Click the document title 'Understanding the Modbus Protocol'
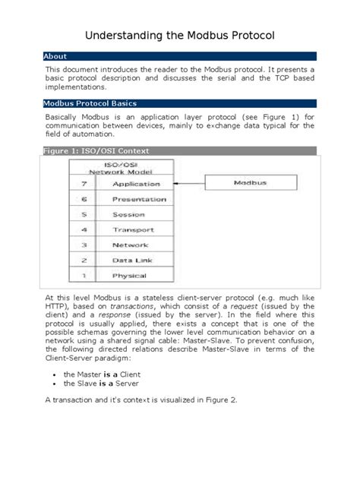click(179, 36)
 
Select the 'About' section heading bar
click(179, 56)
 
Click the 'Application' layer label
click(136, 184)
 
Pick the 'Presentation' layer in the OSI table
click(139, 199)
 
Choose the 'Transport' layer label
click(134, 229)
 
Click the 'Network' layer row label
click(131, 245)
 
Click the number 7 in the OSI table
click(84, 184)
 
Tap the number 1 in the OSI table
click(84, 275)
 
